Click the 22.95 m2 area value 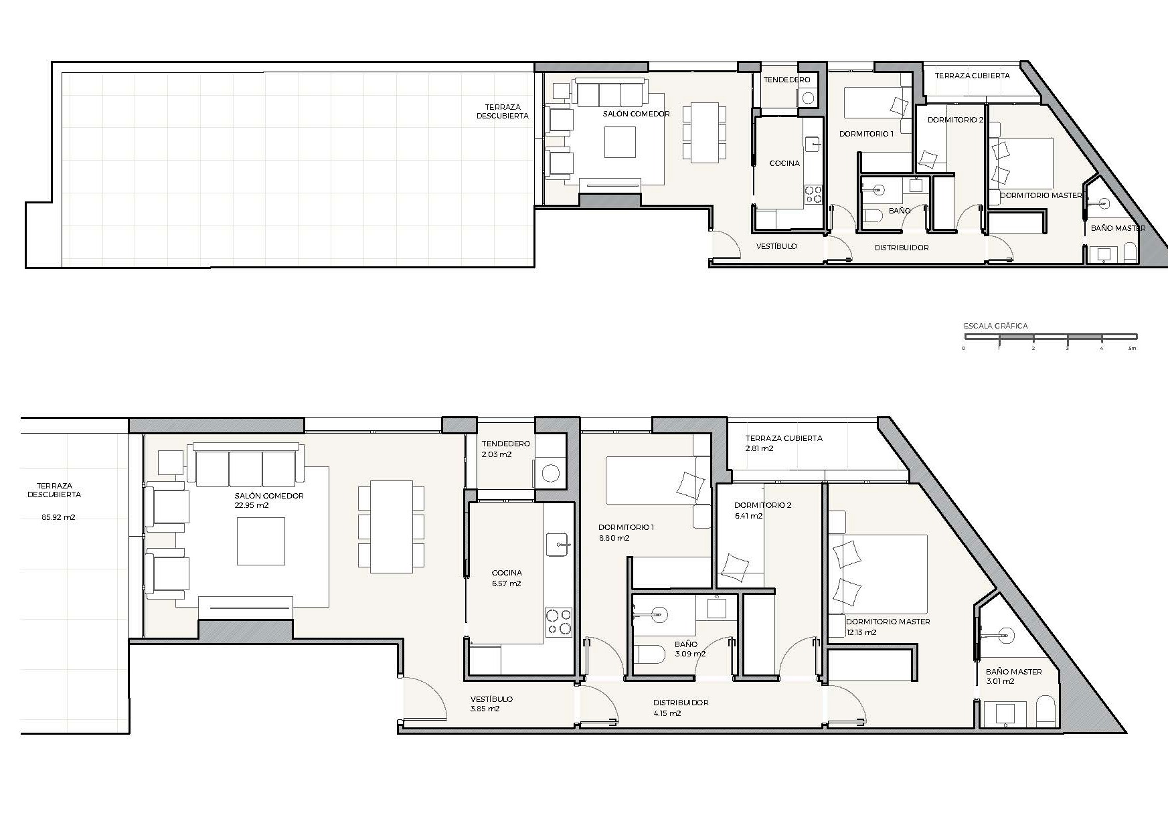[252, 505]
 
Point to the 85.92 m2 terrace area [58, 517]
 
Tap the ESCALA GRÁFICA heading [995, 326]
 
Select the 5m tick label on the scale [1133, 349]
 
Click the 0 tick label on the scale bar [964, 349]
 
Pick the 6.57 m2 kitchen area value [506, 583]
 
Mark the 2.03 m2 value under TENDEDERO [497, 454]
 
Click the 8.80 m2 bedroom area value [614, 538]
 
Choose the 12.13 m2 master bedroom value [861, 632]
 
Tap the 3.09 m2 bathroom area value [690, 654]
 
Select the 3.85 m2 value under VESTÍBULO [485, 709]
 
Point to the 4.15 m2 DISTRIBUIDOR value [667, 713]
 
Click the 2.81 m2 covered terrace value [760, 448]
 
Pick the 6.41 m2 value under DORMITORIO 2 [748, 516]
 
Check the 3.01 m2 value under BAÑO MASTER [1000, 681]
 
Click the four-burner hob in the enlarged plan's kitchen [558, 622]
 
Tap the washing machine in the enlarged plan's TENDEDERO [550, 474]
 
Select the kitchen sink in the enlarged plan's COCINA [558, 545]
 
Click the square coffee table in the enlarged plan [260, 541]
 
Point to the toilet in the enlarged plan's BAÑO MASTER [1046, 712]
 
